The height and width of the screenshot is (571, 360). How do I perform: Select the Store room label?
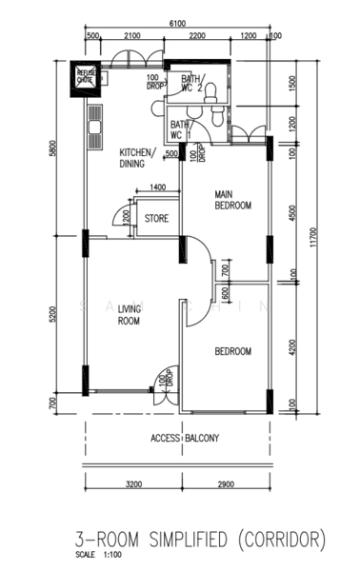pyautogui.click(x=157, y=219)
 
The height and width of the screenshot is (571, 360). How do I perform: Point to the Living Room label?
pyautogui.click(x=130, y=315)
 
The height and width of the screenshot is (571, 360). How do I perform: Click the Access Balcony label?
pyautogui.click(x=185, y=438)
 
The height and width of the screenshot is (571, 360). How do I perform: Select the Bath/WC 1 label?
pyautogui.click(x=180, y=128)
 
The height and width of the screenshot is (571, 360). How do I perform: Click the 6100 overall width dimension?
pyautogui.click(x=177, y=22)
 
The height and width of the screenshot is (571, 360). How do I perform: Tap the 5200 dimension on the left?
pyautogui.click(x=56, y=313)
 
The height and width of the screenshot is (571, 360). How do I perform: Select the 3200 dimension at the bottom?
pyautogui.click(x=132, y=484)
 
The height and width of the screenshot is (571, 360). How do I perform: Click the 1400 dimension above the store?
pyautogui.click(x=158, y=187)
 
